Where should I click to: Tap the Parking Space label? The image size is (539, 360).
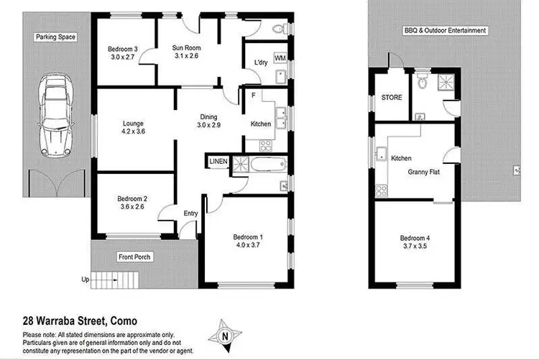[56, 37]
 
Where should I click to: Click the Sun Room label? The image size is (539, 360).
[186, 52]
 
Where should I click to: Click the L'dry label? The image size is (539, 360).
[261, 63]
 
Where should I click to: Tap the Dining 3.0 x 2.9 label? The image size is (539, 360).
[209, 122]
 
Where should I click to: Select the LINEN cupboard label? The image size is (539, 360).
[218, 162]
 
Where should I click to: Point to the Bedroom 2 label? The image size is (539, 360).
[134, 203]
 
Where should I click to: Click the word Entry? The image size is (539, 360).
[190, 213]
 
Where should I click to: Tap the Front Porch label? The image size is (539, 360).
[136, 257]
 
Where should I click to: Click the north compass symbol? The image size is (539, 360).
[224, 335]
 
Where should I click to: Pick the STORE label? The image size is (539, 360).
[392, 97]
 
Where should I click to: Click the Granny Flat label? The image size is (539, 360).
[424, 172]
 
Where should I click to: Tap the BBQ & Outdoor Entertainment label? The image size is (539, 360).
[445, 31]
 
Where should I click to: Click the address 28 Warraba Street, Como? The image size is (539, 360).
[80, 321]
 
